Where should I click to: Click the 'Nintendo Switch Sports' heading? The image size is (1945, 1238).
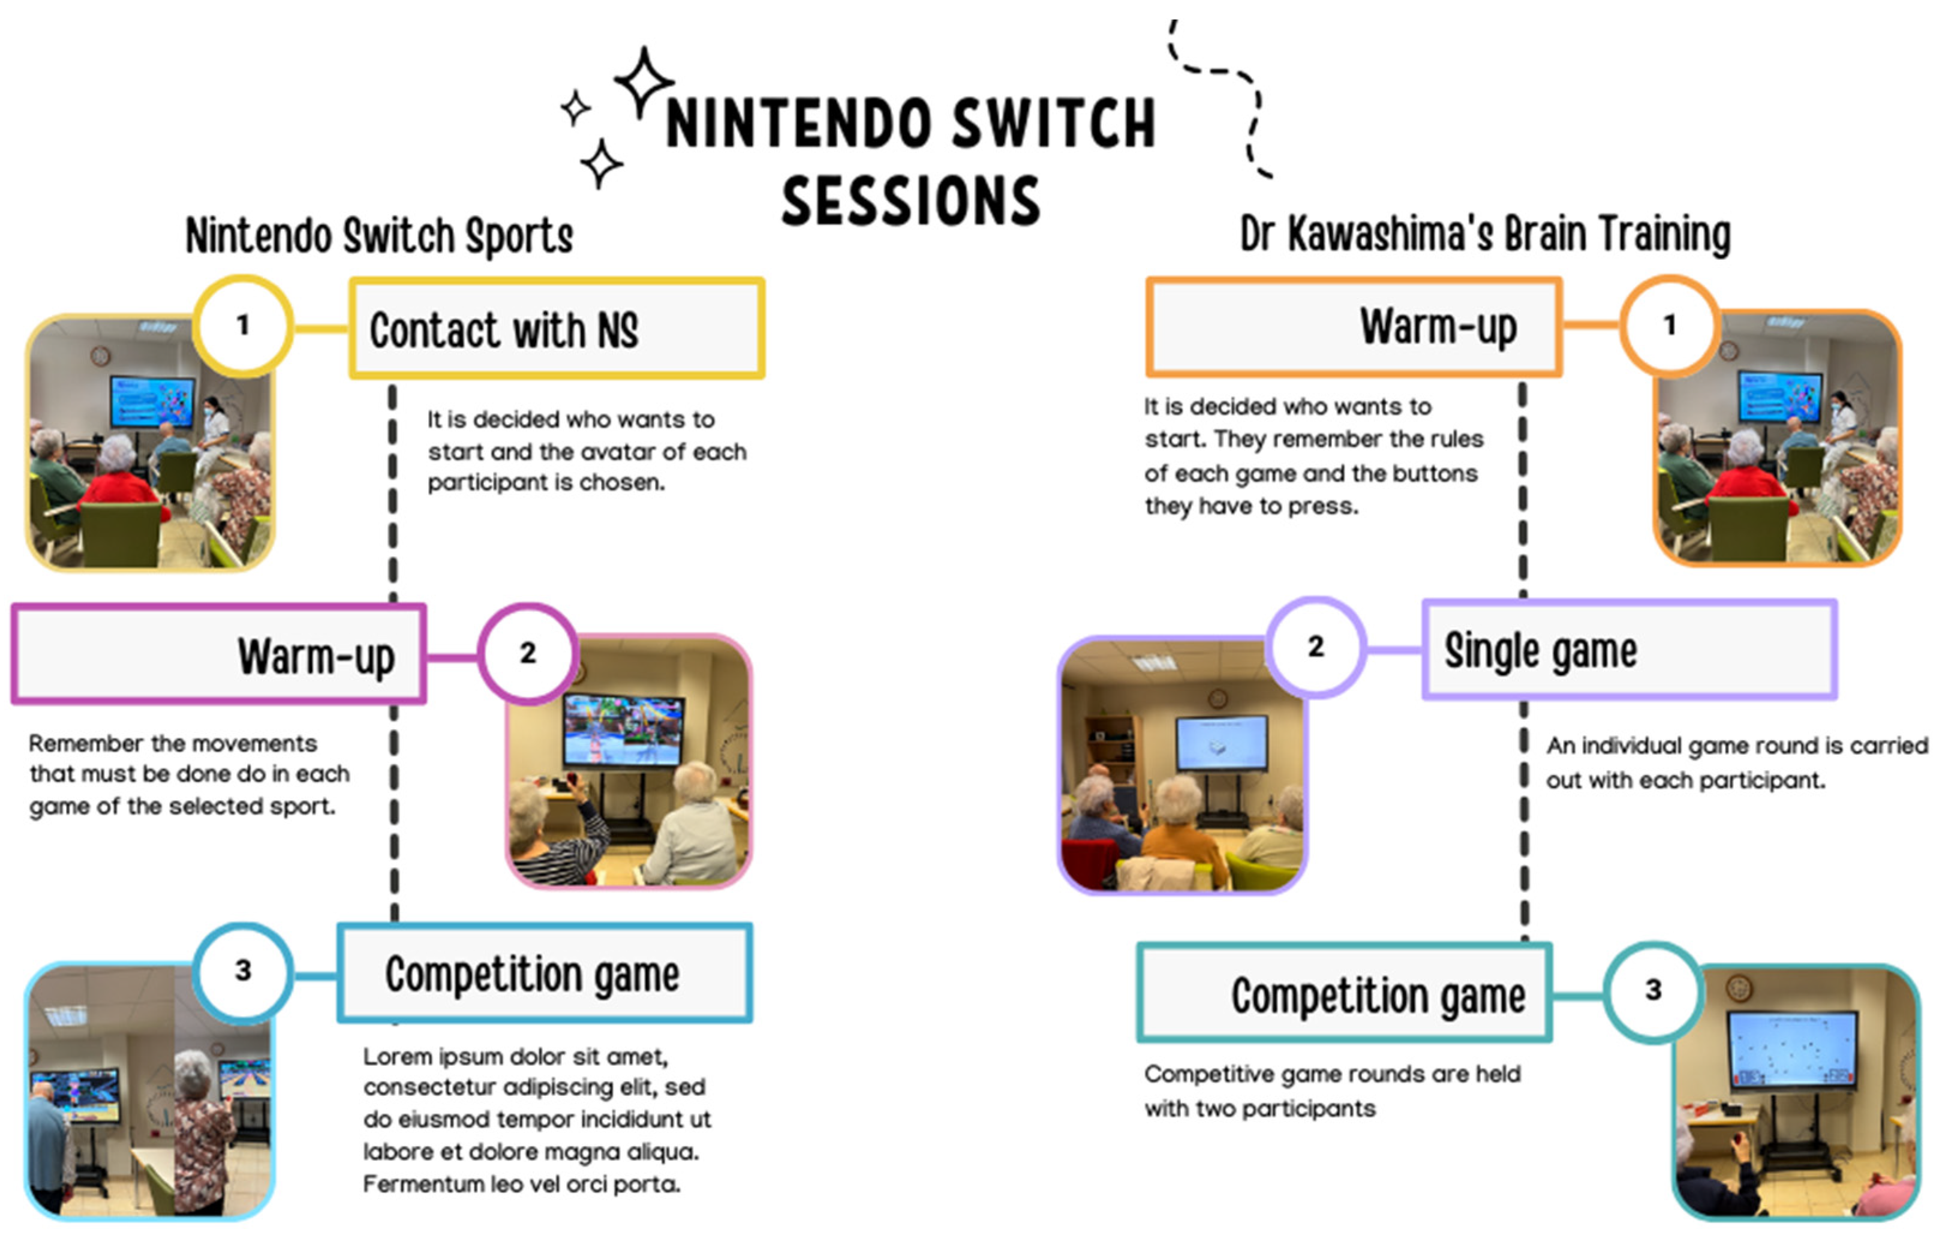click(380, 236)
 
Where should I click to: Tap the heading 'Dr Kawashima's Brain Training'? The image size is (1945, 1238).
click(1484, 234)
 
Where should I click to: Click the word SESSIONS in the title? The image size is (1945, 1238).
click(911, 200)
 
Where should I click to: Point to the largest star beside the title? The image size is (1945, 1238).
click(644, 82)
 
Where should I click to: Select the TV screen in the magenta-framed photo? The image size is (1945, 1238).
click(624, 730)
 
